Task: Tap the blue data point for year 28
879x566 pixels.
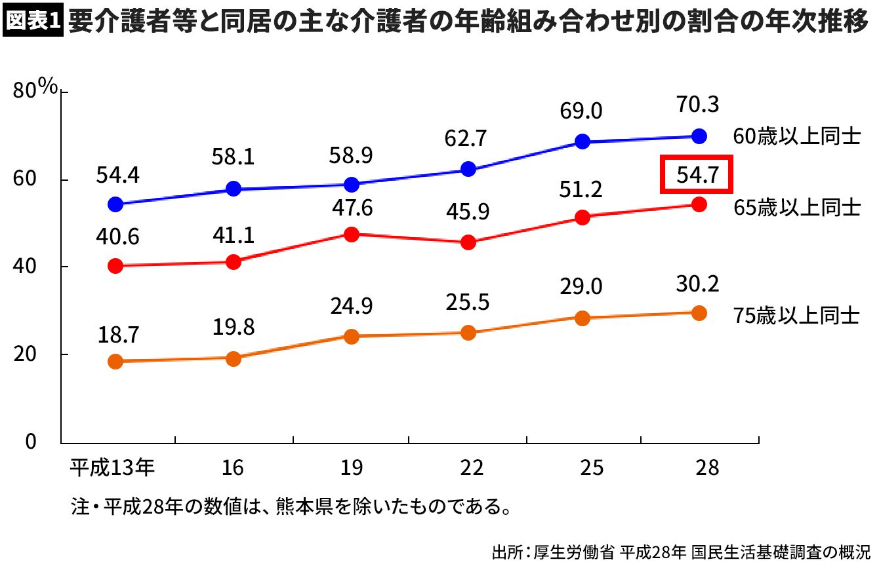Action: click(699, 136)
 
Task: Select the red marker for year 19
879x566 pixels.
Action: click(351, 234)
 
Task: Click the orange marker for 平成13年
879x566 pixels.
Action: click(115, 362)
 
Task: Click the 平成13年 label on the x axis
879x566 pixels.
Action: click(112, 468)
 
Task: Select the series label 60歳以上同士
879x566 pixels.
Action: click(796, 138)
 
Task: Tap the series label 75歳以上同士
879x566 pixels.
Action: click(796, 316)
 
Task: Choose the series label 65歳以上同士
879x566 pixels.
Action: click(796, 208)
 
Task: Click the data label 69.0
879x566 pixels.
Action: click(581, 111)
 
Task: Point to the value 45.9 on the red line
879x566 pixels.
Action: click(468, 214)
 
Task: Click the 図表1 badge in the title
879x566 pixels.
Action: click(33, 20)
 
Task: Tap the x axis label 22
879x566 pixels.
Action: click(468, 468)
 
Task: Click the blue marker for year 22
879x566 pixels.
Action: click(468, 169)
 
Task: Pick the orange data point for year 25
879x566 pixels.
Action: click(581, 318)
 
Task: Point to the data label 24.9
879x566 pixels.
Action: click(351, 306)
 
